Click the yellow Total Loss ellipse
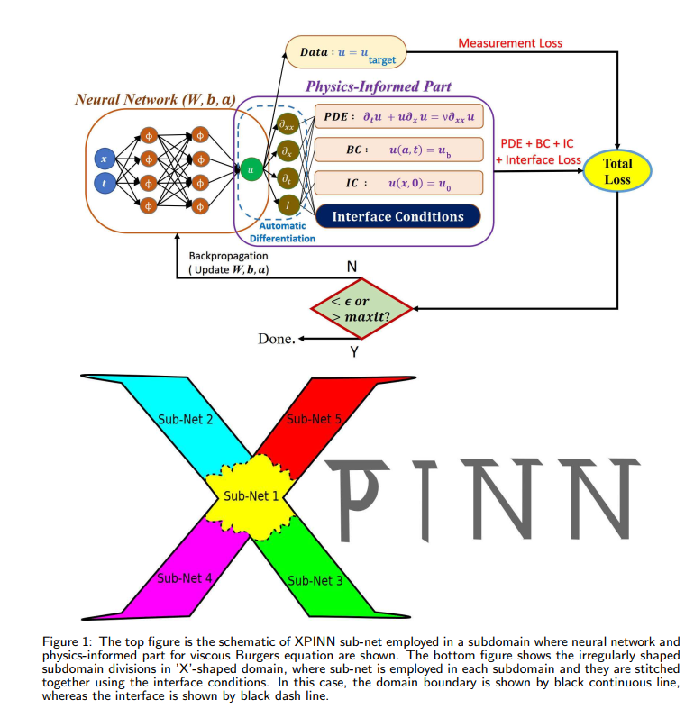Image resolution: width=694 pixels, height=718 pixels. [x=617, y=171]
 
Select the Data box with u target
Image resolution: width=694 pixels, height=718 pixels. [x=347, y=52]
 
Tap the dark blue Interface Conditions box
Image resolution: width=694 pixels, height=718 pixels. [x=397, y=216]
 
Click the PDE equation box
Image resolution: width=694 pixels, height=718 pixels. [x=397, y=117]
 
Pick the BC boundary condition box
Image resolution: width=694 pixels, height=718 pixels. [x=397, y=150]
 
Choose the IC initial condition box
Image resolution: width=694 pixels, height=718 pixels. [x=397, y=183]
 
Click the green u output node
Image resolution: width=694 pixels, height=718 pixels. [x=249, y=168]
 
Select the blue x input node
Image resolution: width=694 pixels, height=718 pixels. [x=104, y=159]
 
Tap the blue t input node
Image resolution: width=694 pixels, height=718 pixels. [x=104, y=184]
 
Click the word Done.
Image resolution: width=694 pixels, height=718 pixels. [x=277, y=340]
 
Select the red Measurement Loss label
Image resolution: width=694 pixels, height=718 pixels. [x=510, y=42]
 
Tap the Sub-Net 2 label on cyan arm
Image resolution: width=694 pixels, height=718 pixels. [x=186, y=419]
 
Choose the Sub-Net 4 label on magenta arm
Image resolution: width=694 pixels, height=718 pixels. [x=185, y=578]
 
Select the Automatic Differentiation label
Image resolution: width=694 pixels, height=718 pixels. [x=282, y=232]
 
